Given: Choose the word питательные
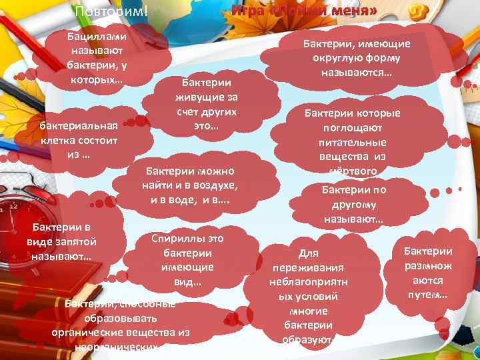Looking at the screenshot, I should pos(353,143).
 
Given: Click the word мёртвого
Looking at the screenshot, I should pos(353,171).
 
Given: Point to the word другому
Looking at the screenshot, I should pos(353,205).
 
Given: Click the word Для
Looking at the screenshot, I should pos(309,253).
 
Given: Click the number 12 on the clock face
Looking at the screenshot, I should pos(13,207).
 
